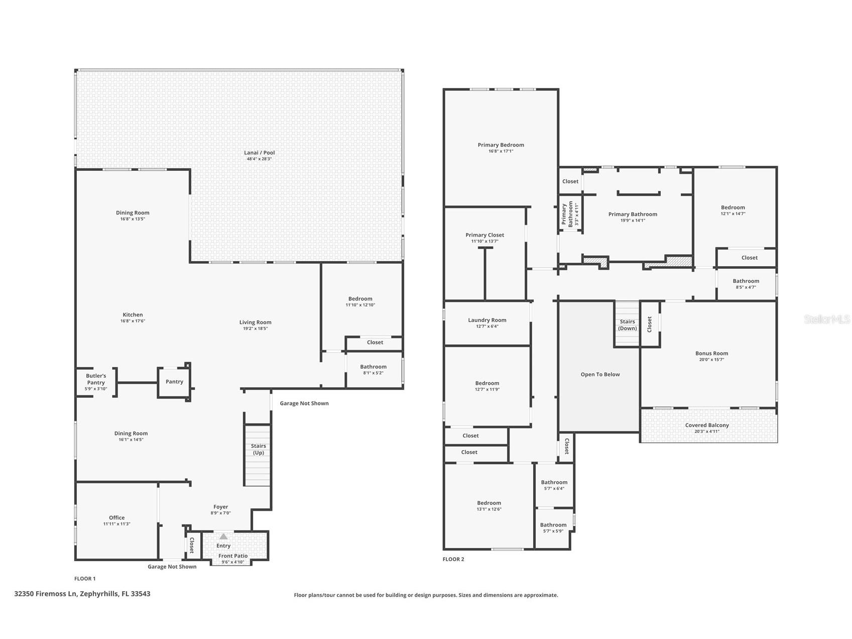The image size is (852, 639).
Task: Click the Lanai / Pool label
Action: tap(260, 153)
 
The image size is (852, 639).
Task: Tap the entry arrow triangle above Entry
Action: tap(223, 537)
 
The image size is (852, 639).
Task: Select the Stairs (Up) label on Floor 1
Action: tap(258, 449)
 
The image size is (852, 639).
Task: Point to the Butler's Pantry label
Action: tap(96, 379)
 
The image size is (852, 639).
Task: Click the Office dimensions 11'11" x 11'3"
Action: tap(116, 524)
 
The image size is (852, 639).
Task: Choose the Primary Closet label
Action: tap(484, 235)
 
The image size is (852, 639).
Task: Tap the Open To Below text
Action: tap(600, 374)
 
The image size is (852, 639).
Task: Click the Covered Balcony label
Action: tap(707, 425)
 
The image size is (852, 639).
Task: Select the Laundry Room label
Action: tap(487, 320)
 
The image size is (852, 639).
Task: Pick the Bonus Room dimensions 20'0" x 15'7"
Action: tap(711, 360)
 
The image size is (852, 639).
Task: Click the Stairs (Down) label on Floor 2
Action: tap(627, 325)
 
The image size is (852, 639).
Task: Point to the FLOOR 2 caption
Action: tap(453, 559)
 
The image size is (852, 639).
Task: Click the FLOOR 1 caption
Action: tap(85, 579)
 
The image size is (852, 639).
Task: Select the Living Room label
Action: tap(255, 323)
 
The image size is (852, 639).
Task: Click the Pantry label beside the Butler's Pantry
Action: tap(174, 382)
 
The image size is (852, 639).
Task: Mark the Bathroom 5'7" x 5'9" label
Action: tap(553, 525)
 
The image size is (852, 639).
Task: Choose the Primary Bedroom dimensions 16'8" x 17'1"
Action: tap(501, 151)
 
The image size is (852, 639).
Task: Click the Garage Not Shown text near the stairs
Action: tap(304, 403)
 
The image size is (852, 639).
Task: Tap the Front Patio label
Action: tap(233, 556)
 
